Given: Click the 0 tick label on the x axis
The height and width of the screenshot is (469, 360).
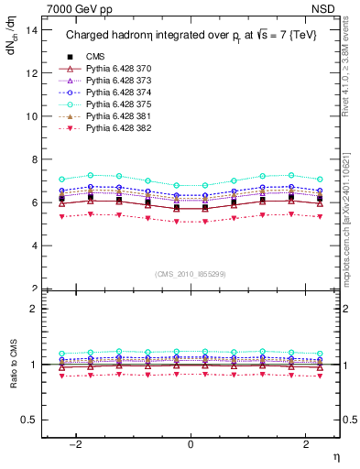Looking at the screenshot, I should point(191,444).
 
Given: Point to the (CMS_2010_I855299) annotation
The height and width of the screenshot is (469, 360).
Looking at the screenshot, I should point(191,274).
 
